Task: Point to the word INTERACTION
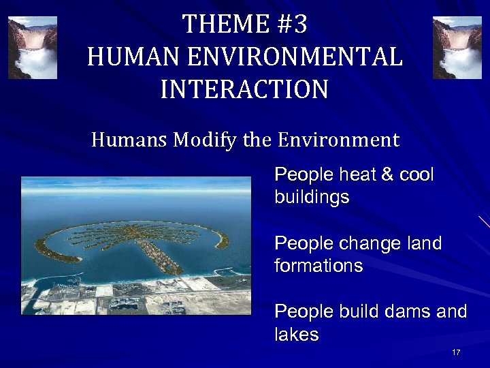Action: [x=244, y=89]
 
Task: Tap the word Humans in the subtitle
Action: [x=129, y=140]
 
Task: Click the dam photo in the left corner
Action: [x=32, y=48]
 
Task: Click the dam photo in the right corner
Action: [x=457, y=48]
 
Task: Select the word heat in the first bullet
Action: [x=355, y=175]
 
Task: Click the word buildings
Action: [x=312, y=198]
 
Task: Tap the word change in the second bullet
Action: [x=367, y=243]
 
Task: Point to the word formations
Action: [x=318, y=266]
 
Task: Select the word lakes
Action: [x=297, y=334]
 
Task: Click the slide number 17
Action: [x=456, y=352]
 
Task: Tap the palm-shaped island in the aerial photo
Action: [x=136, y=239]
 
